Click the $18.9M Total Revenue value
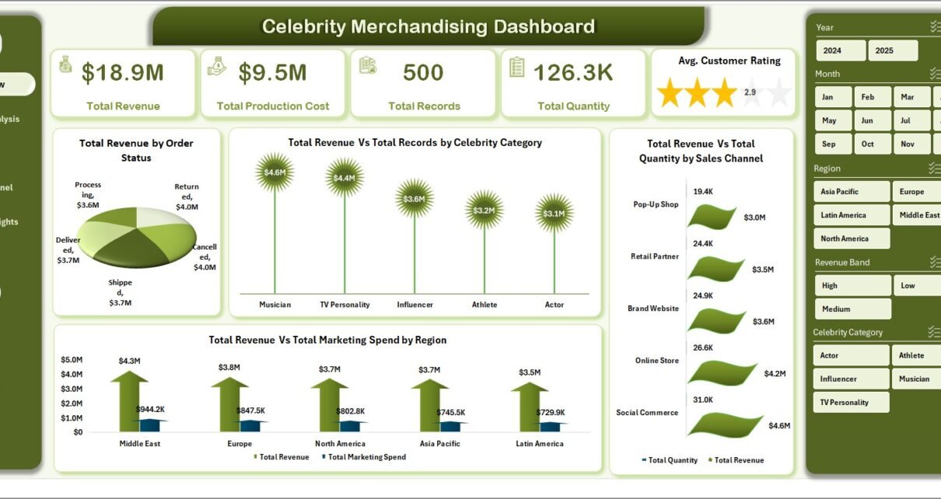(123, 73)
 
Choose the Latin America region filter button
(851, 215)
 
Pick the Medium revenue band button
(852, 309)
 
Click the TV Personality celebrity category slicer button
(851, 402)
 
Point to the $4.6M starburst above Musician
(275, 172)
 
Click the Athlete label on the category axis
(484, 305)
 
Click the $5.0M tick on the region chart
(72, 360)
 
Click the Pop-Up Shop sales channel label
(656, 204)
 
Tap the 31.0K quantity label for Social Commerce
(703, 399)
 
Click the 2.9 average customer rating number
(750, 92)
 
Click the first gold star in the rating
(669, 92)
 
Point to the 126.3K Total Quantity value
(573, 73)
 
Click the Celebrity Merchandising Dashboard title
(429, 26)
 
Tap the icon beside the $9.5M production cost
(217, 67)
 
